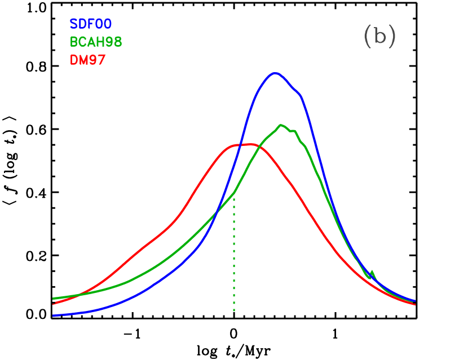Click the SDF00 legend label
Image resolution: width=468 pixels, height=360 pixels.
[91, 24]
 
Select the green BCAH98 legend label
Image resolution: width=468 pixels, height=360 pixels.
[96, 42]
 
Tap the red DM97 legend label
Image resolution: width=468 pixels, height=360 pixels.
[87, 60]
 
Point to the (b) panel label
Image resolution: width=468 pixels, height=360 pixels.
[379, 37]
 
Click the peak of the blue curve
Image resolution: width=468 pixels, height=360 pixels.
[275, 73]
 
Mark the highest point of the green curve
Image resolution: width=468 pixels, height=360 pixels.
[280, 125]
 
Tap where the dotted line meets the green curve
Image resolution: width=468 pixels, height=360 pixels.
[233, 193]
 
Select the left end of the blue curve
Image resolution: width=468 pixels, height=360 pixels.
[54, 315]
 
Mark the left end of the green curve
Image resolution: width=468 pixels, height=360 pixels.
[54, 299]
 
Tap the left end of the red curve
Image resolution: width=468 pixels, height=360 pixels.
[54, 304]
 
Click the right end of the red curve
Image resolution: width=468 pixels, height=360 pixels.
[415, 304]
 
